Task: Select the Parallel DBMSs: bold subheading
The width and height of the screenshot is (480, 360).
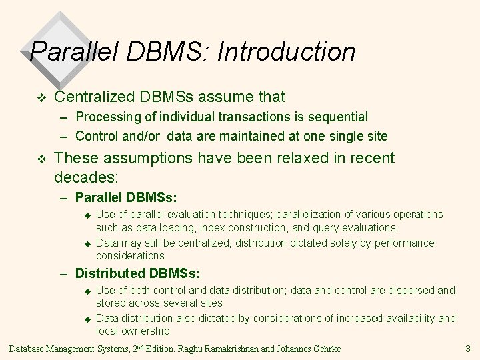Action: click(126, 197)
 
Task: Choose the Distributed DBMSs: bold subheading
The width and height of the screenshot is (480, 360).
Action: click(137, 273)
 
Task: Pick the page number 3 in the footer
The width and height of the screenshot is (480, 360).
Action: click(468, 348)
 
